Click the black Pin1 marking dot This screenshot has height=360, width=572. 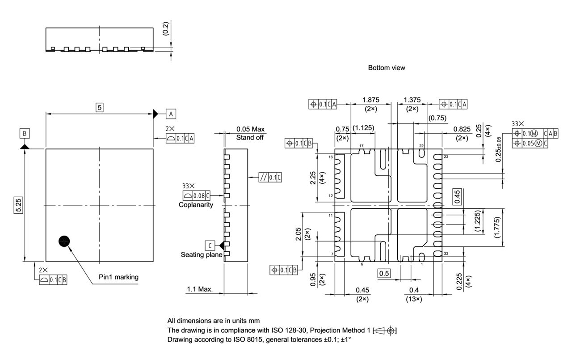point(64,241)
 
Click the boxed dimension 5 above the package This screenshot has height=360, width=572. point(100,107)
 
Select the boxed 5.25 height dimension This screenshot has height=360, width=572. point(18,205)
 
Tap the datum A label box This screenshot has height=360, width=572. point(171,114)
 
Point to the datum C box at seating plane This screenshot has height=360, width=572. point(209,245)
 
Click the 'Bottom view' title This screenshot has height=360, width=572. point(387,68)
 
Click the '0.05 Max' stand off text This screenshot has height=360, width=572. point(250,129)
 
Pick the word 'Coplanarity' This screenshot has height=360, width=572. point(196,205)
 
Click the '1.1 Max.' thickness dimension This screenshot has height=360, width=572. point(199,289)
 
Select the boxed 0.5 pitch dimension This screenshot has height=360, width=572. point(383,273)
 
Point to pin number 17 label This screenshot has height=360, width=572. point(361,146)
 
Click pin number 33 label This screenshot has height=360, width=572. point(446,254)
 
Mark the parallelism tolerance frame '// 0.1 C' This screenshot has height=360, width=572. point(270,178)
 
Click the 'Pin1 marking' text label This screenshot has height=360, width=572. point(118,277)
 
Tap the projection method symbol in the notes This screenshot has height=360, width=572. point(385,331)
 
